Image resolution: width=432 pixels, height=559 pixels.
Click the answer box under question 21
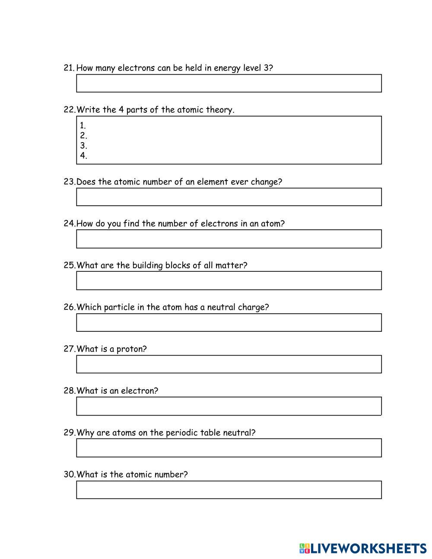[x=229, y=83]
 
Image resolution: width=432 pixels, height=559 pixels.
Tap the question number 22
[x=69, y=110]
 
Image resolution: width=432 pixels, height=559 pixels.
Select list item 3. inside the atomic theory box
[x=84, y=146]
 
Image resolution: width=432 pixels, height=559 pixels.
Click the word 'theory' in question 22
[x=219, y=110]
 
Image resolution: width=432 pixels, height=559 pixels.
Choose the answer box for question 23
[x=229, y=197]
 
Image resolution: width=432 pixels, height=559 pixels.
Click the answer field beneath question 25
[x=229, y=281]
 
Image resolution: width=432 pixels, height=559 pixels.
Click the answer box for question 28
[x=229, y=406]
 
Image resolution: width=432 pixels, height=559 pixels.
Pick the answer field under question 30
[x=229, y=490]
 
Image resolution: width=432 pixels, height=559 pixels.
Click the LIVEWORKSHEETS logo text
[x=368, y=549]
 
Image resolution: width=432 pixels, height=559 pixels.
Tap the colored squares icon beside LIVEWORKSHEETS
[x=305, y=549]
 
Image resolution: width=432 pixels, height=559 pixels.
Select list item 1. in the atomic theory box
[x=83, y=126]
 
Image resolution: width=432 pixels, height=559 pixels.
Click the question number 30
[x=69, y=474]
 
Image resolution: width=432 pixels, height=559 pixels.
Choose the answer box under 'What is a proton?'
[x=229, y=364]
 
